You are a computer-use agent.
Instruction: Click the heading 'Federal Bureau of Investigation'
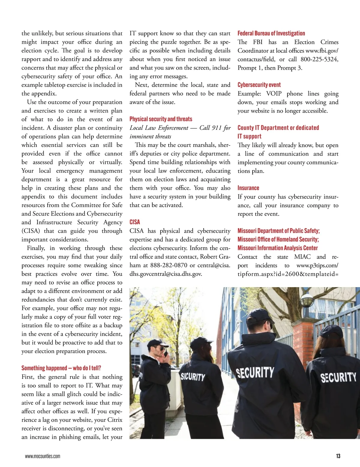click(271, 33)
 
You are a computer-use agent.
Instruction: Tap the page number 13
click(338, 456)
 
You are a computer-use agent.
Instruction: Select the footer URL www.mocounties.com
click(42, 456)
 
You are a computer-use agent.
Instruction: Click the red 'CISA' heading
click(135, 222)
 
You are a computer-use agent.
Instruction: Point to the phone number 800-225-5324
click(319, 59)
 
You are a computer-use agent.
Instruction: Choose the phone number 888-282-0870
click(169, 265)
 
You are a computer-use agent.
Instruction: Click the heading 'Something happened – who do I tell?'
click(61, 368)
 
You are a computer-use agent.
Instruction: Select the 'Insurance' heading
click(248, 188)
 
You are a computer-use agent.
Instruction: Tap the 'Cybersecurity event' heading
click(259, 85)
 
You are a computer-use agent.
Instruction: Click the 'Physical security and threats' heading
click(161, 119)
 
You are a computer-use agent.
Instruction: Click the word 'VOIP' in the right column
click(274, 94)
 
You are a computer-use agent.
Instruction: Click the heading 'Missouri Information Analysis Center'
click(277, 248)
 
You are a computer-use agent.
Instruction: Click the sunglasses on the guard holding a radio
click(162, 349)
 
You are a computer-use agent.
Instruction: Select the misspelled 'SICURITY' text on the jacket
click(193, 376)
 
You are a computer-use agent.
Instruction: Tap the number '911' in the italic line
click(217, 128)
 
